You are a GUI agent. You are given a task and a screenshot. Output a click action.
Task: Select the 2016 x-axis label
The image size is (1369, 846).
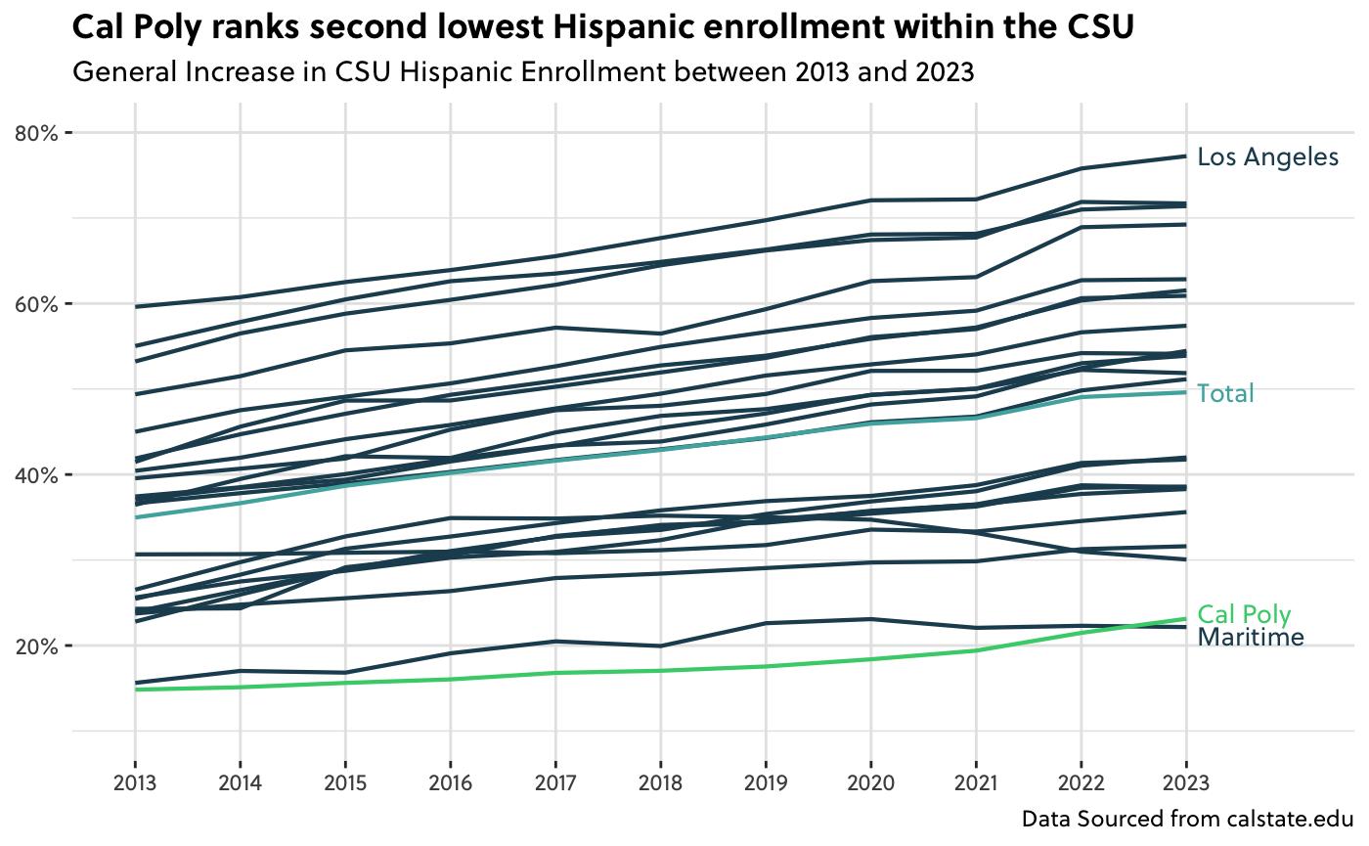pos(450,784)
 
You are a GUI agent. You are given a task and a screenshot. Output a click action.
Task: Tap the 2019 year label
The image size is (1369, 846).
pos(766,784)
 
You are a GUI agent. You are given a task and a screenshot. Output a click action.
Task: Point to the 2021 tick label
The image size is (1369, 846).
pos(976,784)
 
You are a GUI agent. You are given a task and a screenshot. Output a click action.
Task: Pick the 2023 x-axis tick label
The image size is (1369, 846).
pos(1186,784)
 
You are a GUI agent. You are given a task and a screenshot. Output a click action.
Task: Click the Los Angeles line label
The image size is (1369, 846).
pos(1267,157)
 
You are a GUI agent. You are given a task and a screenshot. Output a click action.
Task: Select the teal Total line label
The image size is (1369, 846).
pos(1225,394)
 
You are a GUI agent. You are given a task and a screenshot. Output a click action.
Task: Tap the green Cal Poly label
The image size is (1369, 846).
pos(1244,615)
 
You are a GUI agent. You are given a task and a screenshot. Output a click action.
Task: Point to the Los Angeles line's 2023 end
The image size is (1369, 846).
pos(1186,156)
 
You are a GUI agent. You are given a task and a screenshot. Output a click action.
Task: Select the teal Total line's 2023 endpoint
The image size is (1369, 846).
pos(1186,392)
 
